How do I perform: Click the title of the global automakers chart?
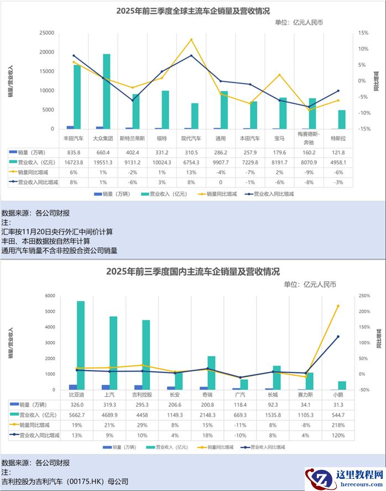(193, 11)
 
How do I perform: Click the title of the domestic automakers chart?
(193, 271)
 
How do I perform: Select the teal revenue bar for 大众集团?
(106, 91)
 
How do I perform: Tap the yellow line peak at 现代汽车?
(191, 39)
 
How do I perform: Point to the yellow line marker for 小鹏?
(338, 306)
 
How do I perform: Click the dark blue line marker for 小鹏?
(338, 337)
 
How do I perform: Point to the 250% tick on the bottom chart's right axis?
(364, 296)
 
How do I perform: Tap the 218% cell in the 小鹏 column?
(338, 425)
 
